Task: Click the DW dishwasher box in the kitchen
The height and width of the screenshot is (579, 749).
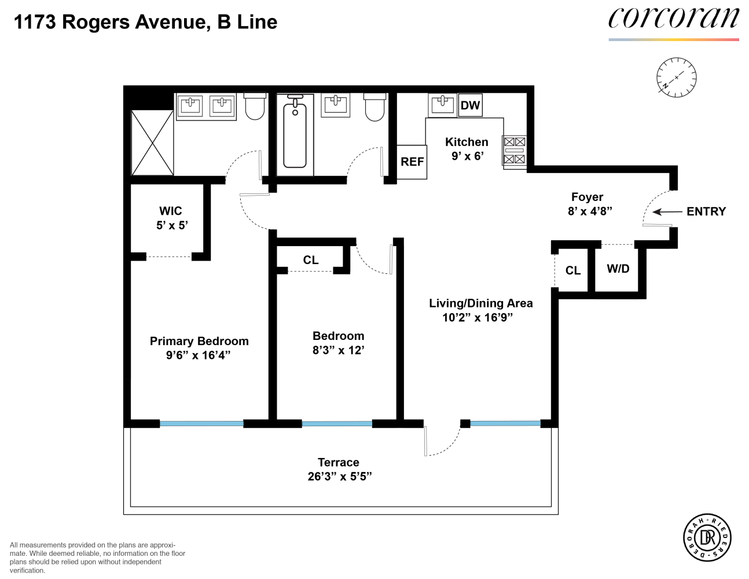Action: pyautogui.click(x=470, y=105)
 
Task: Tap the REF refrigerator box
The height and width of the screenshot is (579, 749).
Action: pyautogui.click(x=412, y=162)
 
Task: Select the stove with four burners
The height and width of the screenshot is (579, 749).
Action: pyautogui.click(x=515, y=152)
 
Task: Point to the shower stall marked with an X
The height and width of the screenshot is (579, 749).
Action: pyautogui.click(x=152, y=142)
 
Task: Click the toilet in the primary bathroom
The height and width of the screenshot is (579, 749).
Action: pyautogui.click(x=255, y=106)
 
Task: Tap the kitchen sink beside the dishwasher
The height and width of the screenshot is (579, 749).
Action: pyautogui.click(x=443, y=105)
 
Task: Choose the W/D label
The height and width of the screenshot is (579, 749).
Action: pyautogui.click(x=618, y=269)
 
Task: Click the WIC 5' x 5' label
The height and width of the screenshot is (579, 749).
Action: pyautogui.click(x=171, y=218)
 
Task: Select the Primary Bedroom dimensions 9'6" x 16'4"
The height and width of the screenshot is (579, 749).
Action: pyautogui.click(x=198, y=355)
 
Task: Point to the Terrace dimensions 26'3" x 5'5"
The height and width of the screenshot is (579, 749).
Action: pyautogui.click(x=340, y=477)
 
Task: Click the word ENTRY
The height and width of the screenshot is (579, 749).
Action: pyautogui.click(x=706, y=211)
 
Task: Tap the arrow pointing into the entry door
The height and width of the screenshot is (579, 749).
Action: pyautogui.click(x=667, y=211)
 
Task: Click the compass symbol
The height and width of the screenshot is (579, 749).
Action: pyautogui.click(x=676, y=78)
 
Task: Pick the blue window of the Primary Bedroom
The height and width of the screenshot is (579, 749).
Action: pyautogui.click(x=201, y=424)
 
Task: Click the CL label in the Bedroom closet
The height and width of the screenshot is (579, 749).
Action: pyautogui.click(x=311, y=260)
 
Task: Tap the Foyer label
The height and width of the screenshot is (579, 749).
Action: pyautogui.click(x=587, y=197)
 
